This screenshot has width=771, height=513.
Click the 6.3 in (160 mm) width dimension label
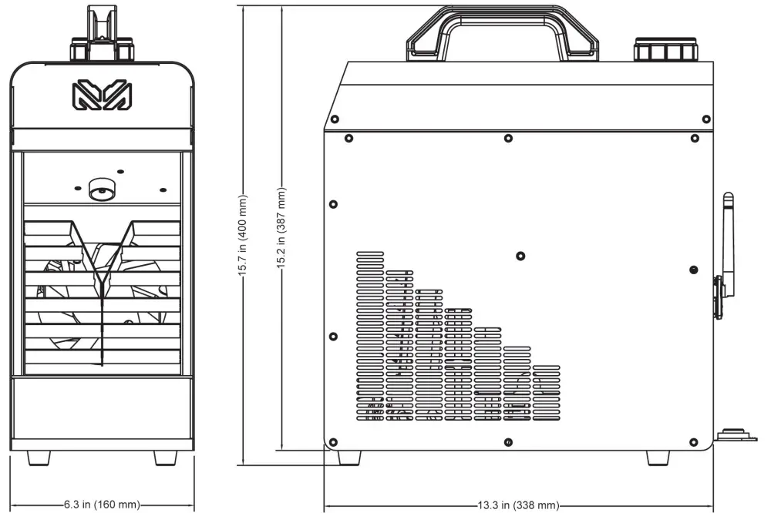tap(101, 505)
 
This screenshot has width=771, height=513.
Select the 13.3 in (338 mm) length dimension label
tap(517, 505)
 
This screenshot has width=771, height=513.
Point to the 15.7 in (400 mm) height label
tap(244, 235)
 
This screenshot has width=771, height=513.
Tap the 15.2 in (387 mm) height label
tap(282, 229)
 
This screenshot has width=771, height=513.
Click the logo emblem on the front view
tap(100, 96)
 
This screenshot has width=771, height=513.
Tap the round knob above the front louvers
tap(101, 189)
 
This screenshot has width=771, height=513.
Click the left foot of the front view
tap(39, 457)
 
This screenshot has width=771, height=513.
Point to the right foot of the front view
tap(165, 457)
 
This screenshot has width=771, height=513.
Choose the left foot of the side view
tap(349, 456)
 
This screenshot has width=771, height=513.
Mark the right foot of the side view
tap(658, 456)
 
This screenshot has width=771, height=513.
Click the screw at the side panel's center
tap(520, 256)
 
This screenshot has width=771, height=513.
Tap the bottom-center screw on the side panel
tap(509, 441)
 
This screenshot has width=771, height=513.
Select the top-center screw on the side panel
tap(507, 139)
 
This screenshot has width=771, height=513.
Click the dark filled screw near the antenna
tap(693, 270)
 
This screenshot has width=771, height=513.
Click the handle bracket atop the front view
tap(100, 31)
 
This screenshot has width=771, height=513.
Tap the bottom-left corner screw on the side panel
tap(333, 442)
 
